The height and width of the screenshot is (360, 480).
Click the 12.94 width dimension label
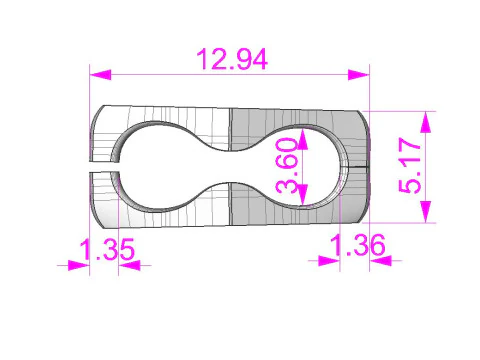coord(232,59)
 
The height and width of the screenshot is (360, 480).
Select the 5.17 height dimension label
coord(410,166)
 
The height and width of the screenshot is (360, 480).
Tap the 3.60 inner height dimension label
coord(286,166)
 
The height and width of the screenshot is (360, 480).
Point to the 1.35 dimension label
coord(107,249)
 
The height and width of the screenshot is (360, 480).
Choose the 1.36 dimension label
coord(358,245)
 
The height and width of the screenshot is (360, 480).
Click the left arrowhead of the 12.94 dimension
coord(100,75)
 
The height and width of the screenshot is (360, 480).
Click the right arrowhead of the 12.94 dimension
coord(359,75)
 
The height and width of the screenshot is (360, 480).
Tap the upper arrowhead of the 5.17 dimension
coord(426,122)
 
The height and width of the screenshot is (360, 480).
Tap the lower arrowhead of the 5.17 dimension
coord(426,212)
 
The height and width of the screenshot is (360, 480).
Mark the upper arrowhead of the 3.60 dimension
coord(302,139)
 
